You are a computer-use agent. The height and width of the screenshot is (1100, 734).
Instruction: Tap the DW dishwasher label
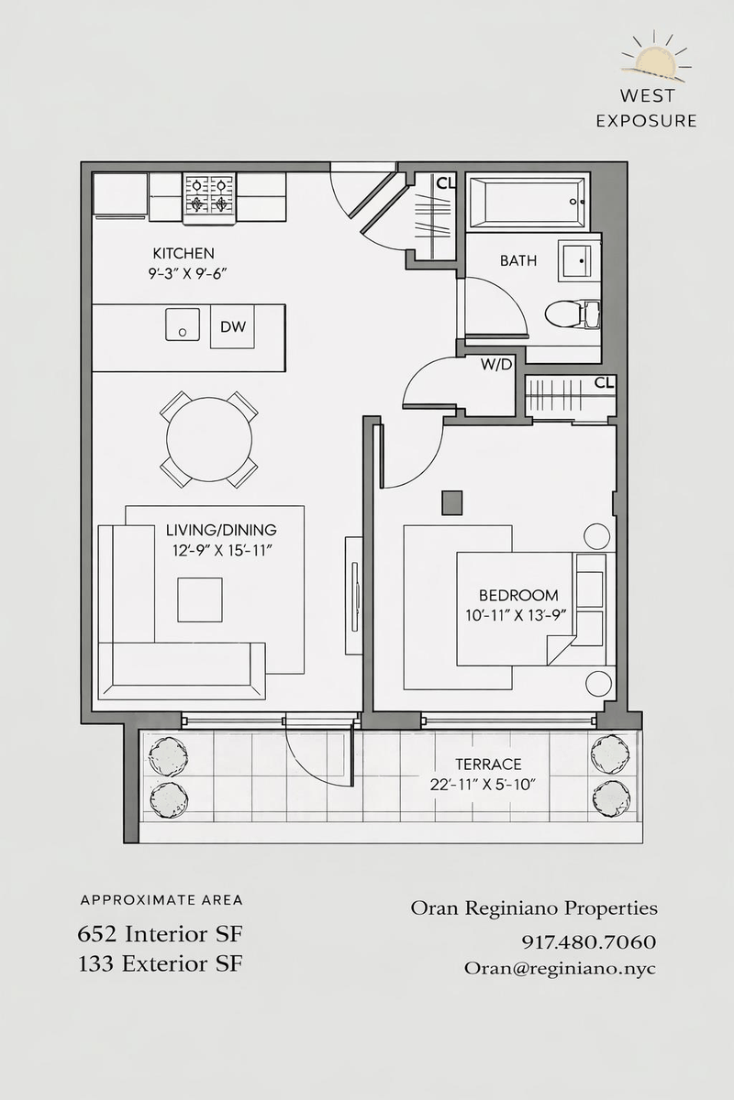pyautogui.click(x=232, y=326)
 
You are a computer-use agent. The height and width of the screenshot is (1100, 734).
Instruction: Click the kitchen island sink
pyautogui.click(x=183, y=324)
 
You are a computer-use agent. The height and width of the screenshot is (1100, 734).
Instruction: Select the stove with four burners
pyautogui.click(x=210, y=198)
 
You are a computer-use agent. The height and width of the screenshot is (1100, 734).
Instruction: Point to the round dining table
pyautogui.click(x=209, y=439)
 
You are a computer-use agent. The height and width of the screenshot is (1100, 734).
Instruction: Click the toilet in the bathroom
pyautogui.click(x=573, y=313)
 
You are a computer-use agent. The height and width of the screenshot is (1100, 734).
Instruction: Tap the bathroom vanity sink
pyautogui.click(x=579, y=260)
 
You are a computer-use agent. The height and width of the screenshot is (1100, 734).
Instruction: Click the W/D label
pyautogui.click(x=496, y=365)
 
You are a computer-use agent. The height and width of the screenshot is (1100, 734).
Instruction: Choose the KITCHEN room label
pyautogui.click(x=183, y=253)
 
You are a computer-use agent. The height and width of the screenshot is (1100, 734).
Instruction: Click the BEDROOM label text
pyautogui.click(x=518, y=595)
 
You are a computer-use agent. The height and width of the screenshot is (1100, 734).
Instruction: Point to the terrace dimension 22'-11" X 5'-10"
pyautogui.click(x=483, y=785)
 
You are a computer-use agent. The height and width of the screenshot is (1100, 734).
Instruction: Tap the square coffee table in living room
pyautogui.click(x=200, y=599)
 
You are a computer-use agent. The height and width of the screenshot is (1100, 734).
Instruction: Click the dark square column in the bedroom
pyautogui.click(x=451, y=503)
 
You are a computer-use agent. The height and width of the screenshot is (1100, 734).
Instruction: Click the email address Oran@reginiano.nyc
pyautogui.click(x=561, y=968)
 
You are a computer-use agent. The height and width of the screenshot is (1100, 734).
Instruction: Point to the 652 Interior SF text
pyautogui.click(x=161, y=934)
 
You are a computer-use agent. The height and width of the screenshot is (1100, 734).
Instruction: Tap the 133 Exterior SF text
pyautogui.click(x=161, y=964)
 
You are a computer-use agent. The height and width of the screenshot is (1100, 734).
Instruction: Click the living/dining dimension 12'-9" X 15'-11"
pyautogui.click(x=222, y=551)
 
